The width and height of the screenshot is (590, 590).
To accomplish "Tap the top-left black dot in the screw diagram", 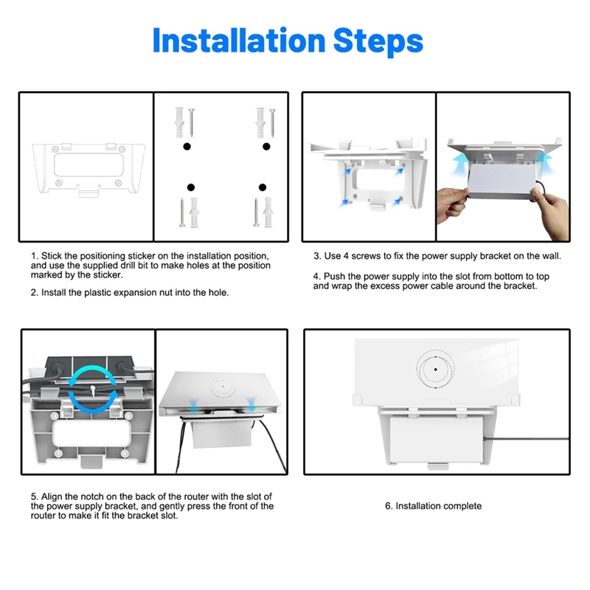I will coord(187,147).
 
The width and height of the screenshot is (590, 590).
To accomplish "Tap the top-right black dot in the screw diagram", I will coord(266,147).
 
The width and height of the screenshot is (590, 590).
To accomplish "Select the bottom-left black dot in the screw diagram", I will coord(190,187).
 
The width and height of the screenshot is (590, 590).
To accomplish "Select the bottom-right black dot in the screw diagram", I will coord(261,187).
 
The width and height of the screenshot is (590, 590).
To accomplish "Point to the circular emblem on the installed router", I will coord(436,367).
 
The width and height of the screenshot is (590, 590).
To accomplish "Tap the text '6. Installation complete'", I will coord(433,506).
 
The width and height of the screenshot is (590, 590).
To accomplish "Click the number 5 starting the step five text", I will coord(34,497).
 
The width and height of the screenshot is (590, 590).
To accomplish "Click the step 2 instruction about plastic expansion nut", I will coord(130,293).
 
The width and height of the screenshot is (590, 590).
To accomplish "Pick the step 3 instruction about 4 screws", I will coord(437,256).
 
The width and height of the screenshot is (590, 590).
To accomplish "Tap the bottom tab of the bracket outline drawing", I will coord(87,193).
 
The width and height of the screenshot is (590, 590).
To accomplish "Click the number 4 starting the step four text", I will coord(316,276).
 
